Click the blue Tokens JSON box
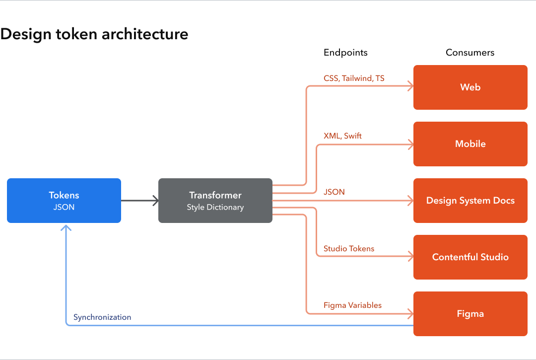pos(64,201)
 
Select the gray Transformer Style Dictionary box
pos(215,201)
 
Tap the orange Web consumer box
pos(470,87)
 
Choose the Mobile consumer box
pos(470,144)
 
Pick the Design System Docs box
pos(470,201)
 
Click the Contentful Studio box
pos(470,257)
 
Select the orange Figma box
pos(470,314)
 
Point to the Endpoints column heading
pos(345,53)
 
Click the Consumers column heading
pos(470,53)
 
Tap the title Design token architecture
pos(94,34)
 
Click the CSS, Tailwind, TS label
pos(354,78)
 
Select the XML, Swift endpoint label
pos(342,136)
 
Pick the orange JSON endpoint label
pos(334,192)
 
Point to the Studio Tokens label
pos(349,248)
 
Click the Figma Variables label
pos(352,305)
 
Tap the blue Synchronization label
pos(102,317)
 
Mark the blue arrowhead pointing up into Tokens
pos(66,227)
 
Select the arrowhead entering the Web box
pos(410,87)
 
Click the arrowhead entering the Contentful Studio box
pos(410,257)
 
